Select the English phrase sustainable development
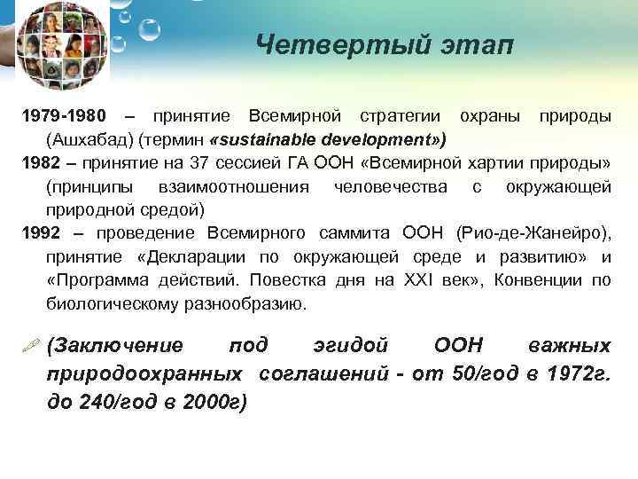click(326, 140)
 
